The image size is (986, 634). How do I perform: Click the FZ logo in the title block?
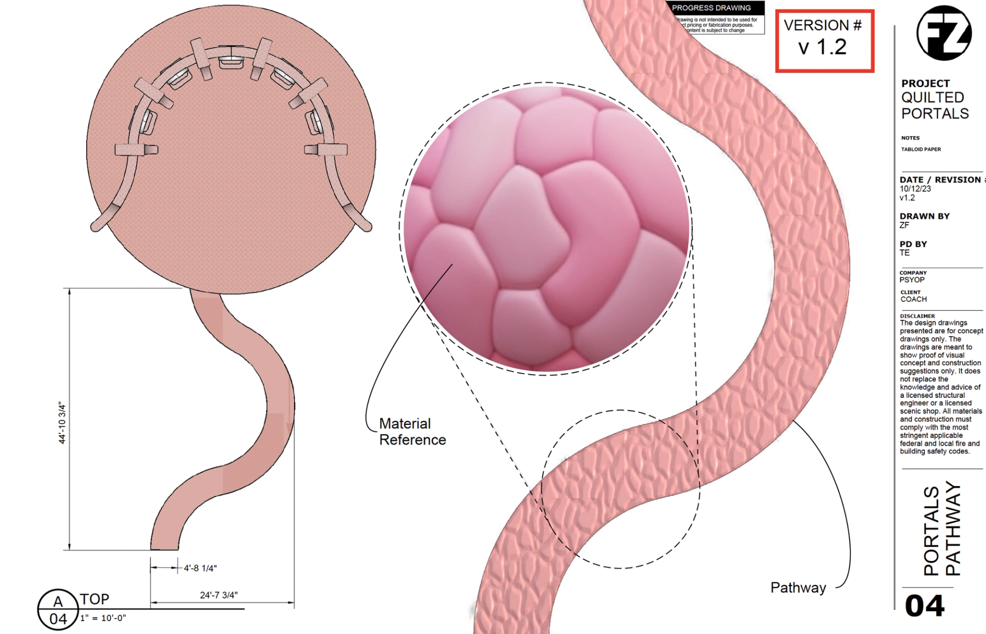pyautogui.click(x=944, y=33)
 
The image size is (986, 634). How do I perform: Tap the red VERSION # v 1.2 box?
pyautogui.click(x=824, y=41)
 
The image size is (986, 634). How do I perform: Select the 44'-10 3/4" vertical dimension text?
pyautogui.click(x=62, y=423)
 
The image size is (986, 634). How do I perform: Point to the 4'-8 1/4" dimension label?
pyautogui.click(x=200, y=568)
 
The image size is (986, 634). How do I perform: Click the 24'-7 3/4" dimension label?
pyautogui.click(x=219, y=595)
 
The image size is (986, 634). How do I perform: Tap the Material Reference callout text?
pyautogui.click(x=412, y=432)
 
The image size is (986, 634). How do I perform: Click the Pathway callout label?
pyautogui.click(x=798, y=588)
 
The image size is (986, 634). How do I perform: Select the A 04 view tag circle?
pyautogui.click(x=58, y=610)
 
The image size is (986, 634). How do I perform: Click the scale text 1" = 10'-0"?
pyautogui.click(x=103, y=618)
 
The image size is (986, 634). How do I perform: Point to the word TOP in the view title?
pyautogui.click(x=94, y=599)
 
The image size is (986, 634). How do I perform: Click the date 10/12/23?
pyautogui.click(x=915, y=188)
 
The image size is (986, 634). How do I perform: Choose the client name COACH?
pyautogui.click(x=914, y=299)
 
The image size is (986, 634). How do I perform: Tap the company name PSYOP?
pyautogui.click(x=912, y=280)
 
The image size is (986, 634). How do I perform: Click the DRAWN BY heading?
pyautogui.click(x=924, y=216)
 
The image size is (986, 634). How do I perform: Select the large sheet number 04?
pyautogui.click(x=924, y=606)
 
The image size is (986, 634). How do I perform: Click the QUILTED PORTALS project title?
pyautogui.click(x=935, y=105)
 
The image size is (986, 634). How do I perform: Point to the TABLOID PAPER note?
pyautogui.click(x=921, y=149)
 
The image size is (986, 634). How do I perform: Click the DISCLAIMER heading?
pyautogui.click(x=917, y=316)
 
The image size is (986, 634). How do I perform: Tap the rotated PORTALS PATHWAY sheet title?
pyautogui.click(x=941, y=529)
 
